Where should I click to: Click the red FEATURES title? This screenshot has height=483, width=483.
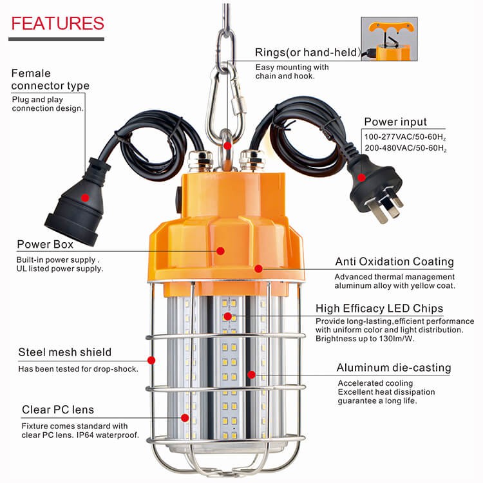coord(58,24)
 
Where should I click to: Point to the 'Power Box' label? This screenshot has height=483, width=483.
coord(45,245)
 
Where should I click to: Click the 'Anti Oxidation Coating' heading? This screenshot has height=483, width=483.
coord(394,262)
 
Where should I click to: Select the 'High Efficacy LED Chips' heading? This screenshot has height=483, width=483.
coord(379,308)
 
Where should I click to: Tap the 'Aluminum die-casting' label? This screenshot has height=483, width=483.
coord(393,368)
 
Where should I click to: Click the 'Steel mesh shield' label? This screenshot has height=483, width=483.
coord(64,352)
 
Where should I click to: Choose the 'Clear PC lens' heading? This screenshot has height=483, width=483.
coord(57,410)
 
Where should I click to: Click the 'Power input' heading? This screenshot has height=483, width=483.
coord(395,122)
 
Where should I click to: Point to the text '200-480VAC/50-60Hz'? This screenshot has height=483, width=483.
coord(405,148)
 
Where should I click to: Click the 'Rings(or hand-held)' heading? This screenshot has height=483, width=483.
coord(307,52)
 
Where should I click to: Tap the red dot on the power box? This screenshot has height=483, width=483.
coord(220,251)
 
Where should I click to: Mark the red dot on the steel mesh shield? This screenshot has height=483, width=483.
coord(152,360)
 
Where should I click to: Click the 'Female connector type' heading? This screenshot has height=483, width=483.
coord(51,79)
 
